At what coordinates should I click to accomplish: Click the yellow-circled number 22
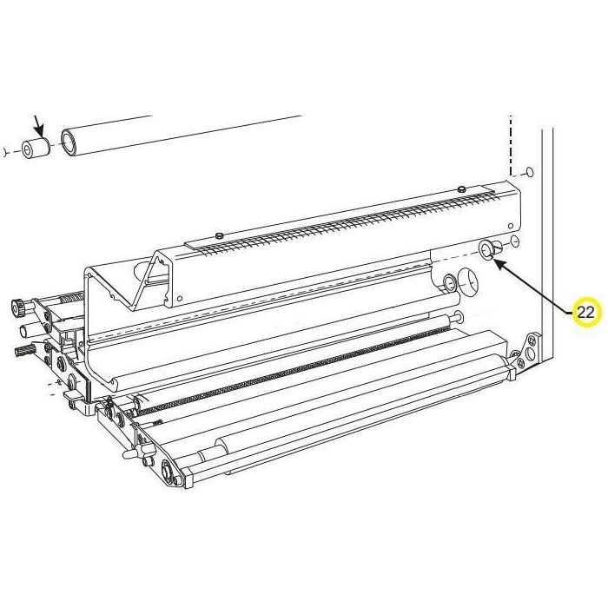(x=587, y=312)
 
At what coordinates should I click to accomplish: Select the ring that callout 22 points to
(x=486, y=248)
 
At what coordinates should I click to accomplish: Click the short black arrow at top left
(x=39, y=125)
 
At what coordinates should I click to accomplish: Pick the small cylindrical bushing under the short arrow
(x=36, y=148)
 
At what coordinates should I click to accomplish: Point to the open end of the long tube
(x=69, y=142)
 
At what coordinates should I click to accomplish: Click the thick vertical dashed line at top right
(x=511, y=145)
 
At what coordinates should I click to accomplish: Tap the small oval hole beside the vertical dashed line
(x=529, y=171)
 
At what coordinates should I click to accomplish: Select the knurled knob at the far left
(x=17, y=307)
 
